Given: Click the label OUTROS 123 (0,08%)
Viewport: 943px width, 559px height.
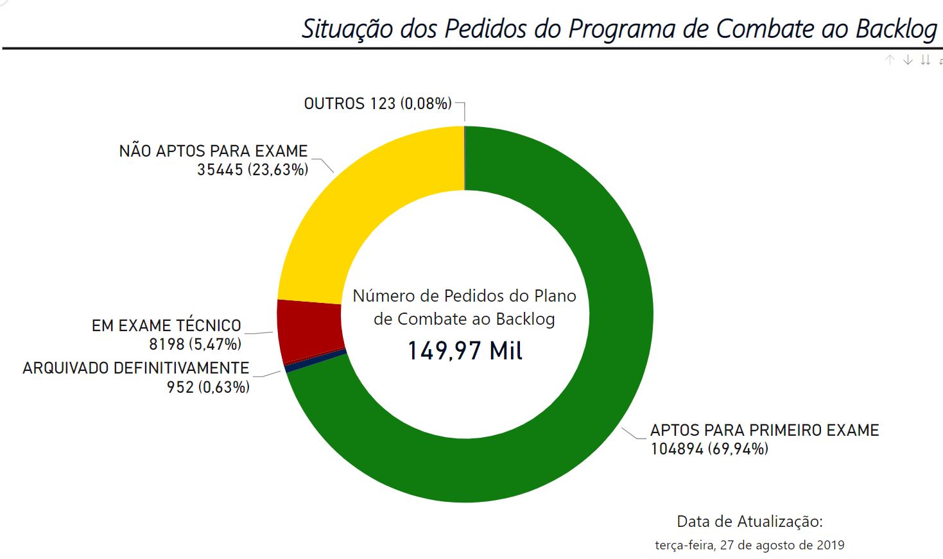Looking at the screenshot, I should pos(377,103).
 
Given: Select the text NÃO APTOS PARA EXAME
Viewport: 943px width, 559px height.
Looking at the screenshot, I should pos(213,151).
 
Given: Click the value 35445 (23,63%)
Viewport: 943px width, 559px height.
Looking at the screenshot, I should pos(252,170).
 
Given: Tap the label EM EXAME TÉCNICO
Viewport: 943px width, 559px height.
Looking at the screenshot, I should pos(166,325).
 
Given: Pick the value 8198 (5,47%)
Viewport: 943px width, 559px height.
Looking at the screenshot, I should pos(195,345).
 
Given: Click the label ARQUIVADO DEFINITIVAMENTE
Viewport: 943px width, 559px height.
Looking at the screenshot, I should pos(135,368).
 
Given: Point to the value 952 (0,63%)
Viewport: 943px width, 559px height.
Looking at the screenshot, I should pos(208,387).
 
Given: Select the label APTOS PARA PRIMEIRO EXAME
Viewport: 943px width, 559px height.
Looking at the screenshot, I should pos(764,430).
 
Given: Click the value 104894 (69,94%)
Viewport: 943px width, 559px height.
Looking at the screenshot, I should pos(709,449).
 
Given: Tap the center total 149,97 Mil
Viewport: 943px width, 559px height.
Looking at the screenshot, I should pos(465,351).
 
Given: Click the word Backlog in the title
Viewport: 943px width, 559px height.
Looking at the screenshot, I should pos(896,29).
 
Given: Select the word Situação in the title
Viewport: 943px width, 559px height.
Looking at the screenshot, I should pos(347,29).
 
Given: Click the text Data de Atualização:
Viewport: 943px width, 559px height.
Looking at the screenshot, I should pos(749,521).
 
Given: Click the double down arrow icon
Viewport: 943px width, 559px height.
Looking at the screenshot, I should pos(925,60).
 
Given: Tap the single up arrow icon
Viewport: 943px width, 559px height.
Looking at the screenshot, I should pos(890,60).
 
